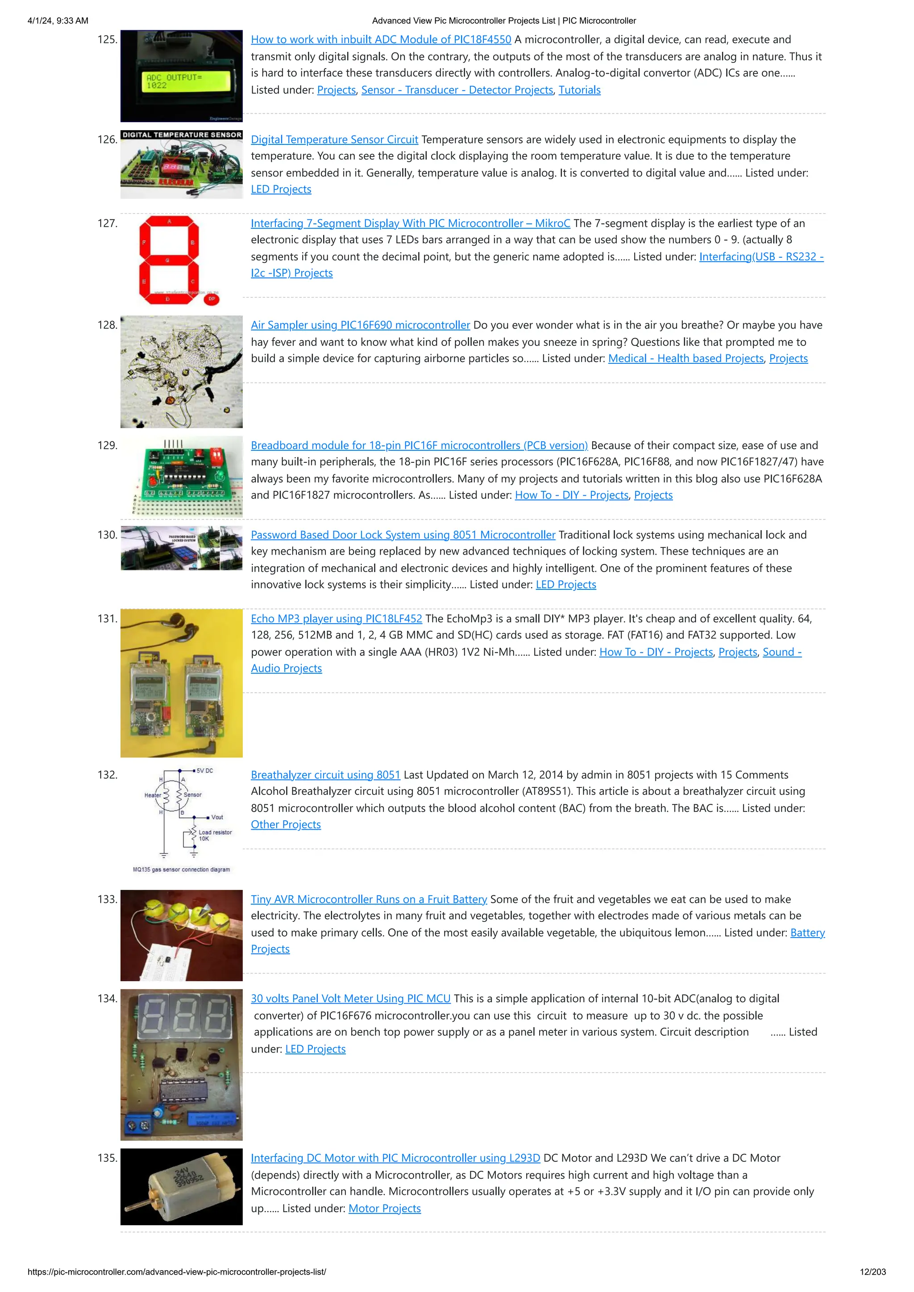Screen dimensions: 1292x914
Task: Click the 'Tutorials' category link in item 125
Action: [x=579, y=90]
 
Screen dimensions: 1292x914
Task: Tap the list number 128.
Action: [x=107, y=325]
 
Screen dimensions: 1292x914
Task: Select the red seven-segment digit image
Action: [x=169, y=260]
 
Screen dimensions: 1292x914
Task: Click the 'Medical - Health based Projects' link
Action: [x=685, y=358]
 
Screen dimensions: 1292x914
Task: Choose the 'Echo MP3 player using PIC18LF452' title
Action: [x=336, y=618]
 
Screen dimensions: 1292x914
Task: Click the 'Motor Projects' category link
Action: [x=384, y=1208]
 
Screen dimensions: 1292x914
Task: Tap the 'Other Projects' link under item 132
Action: [x=286, y=824]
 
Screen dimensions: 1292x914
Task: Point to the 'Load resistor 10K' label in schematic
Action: [x=214, y=835]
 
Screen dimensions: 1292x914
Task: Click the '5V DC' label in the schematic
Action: [x=204, y=771]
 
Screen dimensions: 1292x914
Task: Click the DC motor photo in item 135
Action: [x=181, y=1187]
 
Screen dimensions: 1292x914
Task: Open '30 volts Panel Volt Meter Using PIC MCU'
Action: [x=350, y=998]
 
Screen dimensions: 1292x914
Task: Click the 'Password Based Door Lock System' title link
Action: [x=403, y=535]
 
